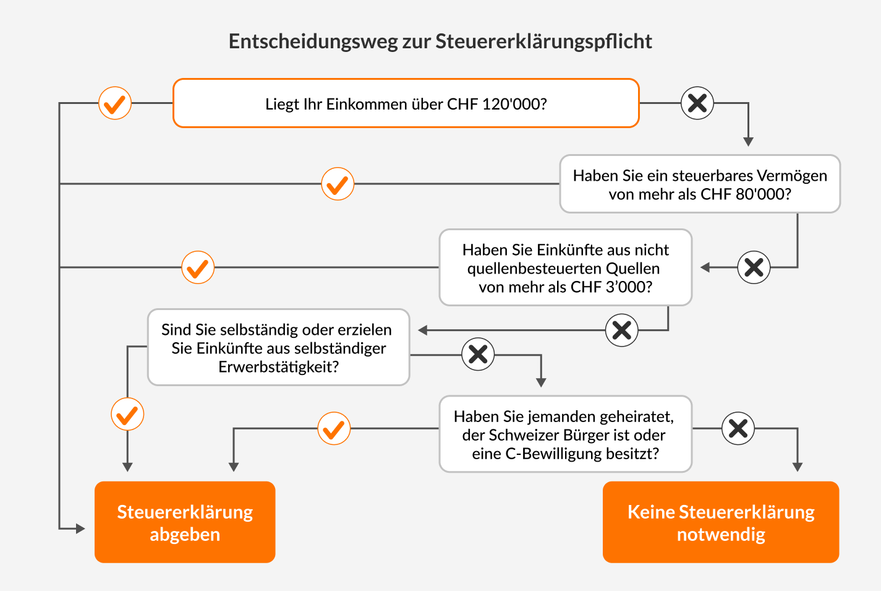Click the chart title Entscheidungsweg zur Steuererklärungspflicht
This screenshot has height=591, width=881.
pyautogui.click(x=440, y=41)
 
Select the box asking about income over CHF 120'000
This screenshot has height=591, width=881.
pyautogui.click(x=406, y=103)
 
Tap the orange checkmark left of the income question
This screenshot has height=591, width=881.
pyautogui.click(x=115, y=103)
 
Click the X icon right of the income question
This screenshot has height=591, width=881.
pyautogui.click(x=697, y=103)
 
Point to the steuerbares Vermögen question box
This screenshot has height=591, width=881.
pyautogui.click(x=700, y=184)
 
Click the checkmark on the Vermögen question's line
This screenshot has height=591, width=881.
pyautogui.click(x=338, y=184)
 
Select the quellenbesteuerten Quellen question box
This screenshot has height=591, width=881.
pyautogui.click(x=566, y=267)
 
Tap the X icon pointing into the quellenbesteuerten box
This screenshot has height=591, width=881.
pyautogui.click(x=754, y=267)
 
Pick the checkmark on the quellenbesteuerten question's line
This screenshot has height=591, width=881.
pyautogui.click(x=198, y=267)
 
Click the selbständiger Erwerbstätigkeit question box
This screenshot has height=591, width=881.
pyautogui.click(x=278, y=347)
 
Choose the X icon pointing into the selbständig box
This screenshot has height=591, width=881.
pyautogui.click(x=621, y=330)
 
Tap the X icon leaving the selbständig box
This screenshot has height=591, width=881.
pyautogui.click(x=478, y=354)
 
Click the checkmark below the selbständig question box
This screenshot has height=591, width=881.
pyautogui.click(x=127, y=414)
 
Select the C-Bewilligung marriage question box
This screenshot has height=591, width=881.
pyautogui.click(x=566, y=434)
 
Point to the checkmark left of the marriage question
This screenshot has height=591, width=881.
pyautogui.click(x=334, y=428)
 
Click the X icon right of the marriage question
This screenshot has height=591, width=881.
pyautogui.click(x=738, y=428)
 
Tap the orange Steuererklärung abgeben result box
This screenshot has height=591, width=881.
pyautogui.click(x=185, y=522)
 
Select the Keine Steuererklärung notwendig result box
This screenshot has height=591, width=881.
pyautogui.click(x=721, y=522)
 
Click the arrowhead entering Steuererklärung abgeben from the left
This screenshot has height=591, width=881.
pyautogui.click(x=80, y=528)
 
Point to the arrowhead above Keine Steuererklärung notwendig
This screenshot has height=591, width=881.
pyautogui.click(x=797, y=467)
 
